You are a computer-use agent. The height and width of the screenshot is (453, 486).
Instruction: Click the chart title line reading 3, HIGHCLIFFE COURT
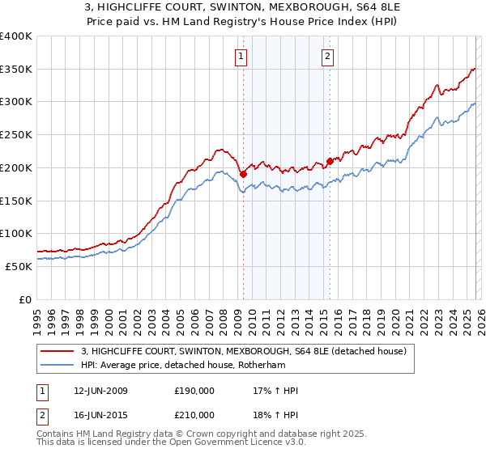coord(242,7)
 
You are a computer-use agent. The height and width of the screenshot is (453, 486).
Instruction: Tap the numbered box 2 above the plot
coord(328,56)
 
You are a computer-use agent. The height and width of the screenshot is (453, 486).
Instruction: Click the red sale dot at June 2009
coord(243,173)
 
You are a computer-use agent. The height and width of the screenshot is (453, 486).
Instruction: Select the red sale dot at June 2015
coord(330,160)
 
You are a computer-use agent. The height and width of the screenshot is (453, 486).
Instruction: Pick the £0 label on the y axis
coord(24,299)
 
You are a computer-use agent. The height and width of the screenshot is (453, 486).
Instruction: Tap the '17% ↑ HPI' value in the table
coord(276,391)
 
